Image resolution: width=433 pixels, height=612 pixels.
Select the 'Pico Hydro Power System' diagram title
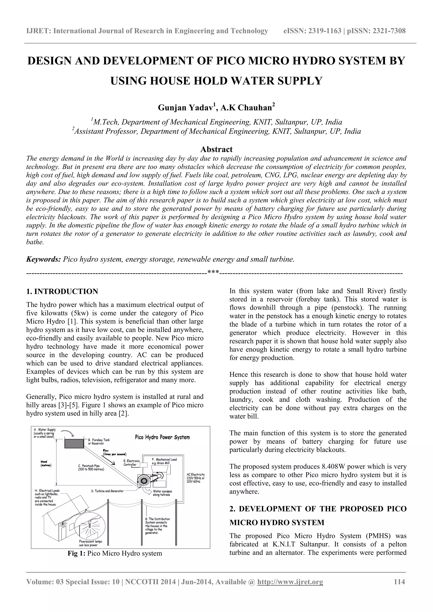pyautogui.click(x=162, y=437)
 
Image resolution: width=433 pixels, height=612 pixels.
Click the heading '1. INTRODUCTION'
pyautogui.click(x=62, y=291)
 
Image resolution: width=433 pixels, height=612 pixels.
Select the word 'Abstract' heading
pyautogui.click(x=216, y=149)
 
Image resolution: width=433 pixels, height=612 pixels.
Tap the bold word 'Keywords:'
pyautogui.click(x=44, y=259)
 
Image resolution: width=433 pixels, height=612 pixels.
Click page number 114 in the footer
pyautogui.click(x=399, y=589)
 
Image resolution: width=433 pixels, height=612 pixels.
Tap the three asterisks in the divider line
pyautogui.click(x=213, y=272)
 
